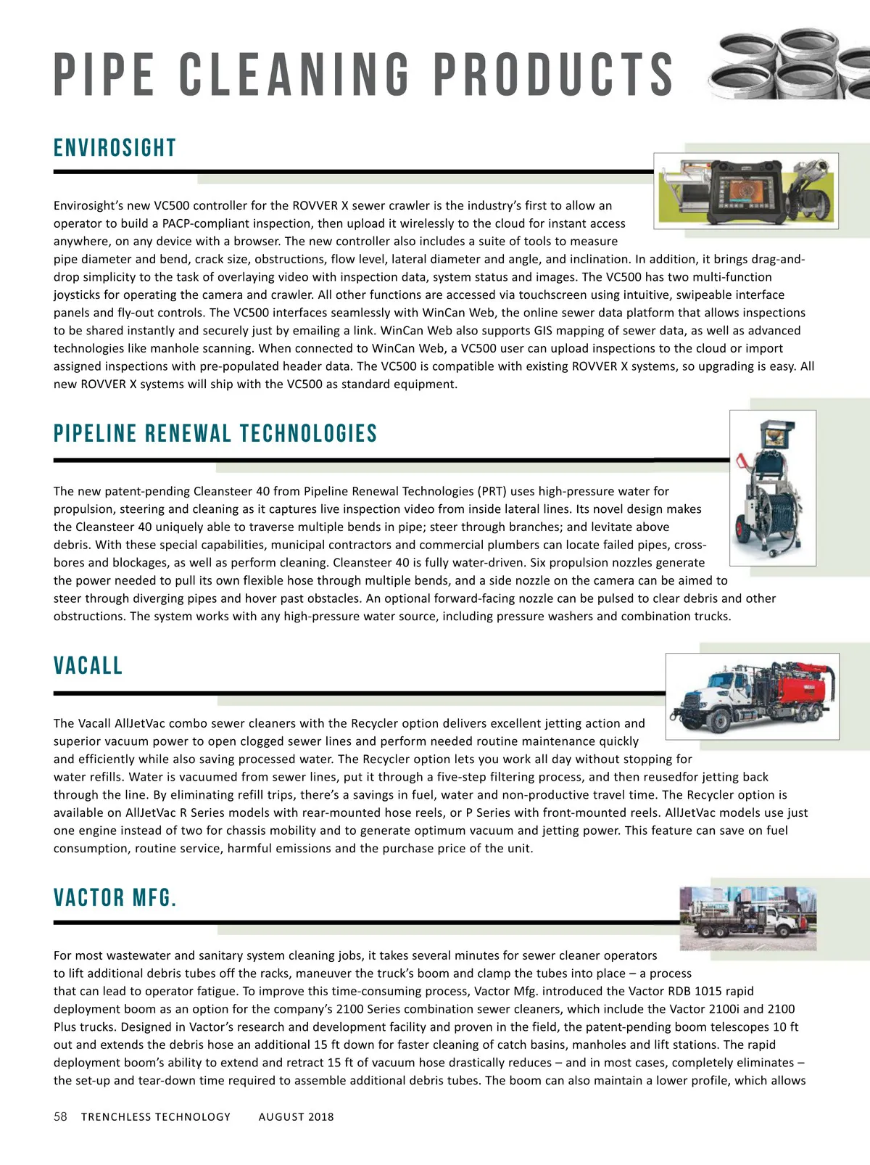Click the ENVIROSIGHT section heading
point(115,148)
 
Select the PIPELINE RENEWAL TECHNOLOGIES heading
point(215,434)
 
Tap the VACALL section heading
point(88,666)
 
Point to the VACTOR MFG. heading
point(115,898)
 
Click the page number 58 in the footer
point(60,1116)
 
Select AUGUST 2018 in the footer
point(296,1117)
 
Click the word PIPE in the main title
point(104,75)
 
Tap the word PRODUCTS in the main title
point(554,75)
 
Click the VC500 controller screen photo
point(746,191)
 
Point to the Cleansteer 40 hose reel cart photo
point(772,487)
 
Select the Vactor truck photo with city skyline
point(747,918)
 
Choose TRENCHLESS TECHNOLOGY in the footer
point(156,1117)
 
